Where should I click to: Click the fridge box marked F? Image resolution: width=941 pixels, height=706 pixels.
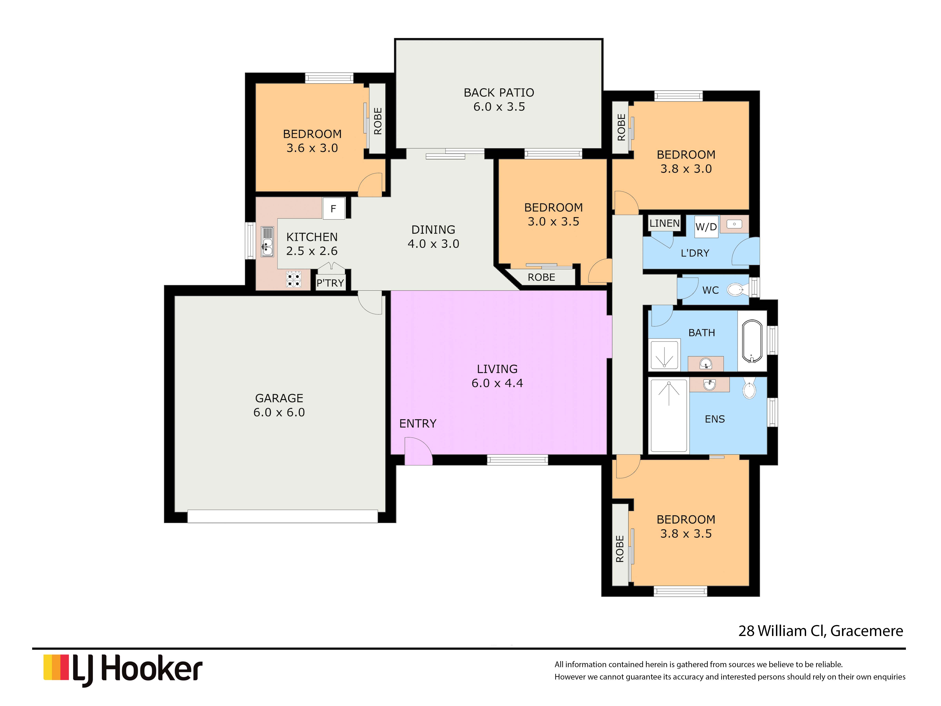point(333,208)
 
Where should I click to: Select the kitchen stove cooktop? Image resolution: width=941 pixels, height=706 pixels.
point(293,279)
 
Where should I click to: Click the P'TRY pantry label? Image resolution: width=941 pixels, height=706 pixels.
point(330,283)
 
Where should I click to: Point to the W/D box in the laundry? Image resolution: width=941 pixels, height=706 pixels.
point(706,226)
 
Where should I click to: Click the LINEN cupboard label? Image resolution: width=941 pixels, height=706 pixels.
point(665,223)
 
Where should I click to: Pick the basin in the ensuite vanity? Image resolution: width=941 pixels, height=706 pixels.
point(709,384)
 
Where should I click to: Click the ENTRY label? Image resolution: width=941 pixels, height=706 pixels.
point(418,423)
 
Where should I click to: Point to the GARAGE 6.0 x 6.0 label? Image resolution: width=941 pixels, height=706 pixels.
point(279,405)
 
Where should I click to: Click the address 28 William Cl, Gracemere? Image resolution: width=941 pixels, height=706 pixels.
point(821,631)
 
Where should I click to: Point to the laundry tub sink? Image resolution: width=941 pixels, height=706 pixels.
point(734,224)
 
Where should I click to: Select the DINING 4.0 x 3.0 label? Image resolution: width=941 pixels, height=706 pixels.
point(433,237)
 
